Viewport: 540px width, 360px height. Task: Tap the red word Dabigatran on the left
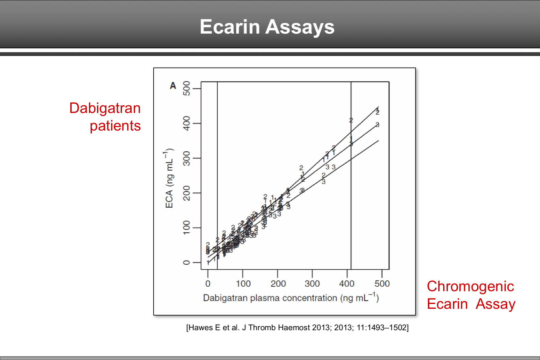(x=105, y=108)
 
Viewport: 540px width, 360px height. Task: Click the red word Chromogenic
(x=470, y=286)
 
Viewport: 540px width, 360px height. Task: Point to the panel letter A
(x=173, y=86)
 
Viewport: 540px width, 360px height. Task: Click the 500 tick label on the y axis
(x=186, y=88)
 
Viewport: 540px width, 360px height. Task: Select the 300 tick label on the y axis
(x=186, y=158)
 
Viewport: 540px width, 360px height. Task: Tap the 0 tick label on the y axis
(x=186, y=263)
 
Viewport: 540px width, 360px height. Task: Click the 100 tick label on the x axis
(x=243, y=284)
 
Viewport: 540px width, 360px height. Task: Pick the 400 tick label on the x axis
(x=347, y=284)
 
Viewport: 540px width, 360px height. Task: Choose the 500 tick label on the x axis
(x=382, y=284)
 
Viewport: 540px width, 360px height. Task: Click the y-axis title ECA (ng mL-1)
(x=169, y=178)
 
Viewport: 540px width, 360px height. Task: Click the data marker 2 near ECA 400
(x=351, y=120)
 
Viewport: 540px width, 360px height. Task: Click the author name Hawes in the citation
(x=201, y=328)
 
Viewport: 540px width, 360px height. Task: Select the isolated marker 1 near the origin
(x=208, y=263)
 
